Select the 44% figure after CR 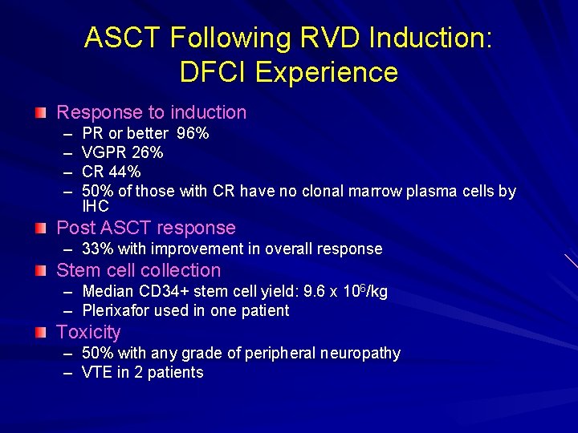(x=125, y=172)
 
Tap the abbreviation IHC (x=96, y=206)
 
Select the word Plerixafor (x=114, y=310)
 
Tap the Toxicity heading (x=88, y=332)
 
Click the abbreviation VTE (x=97, y=373)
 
